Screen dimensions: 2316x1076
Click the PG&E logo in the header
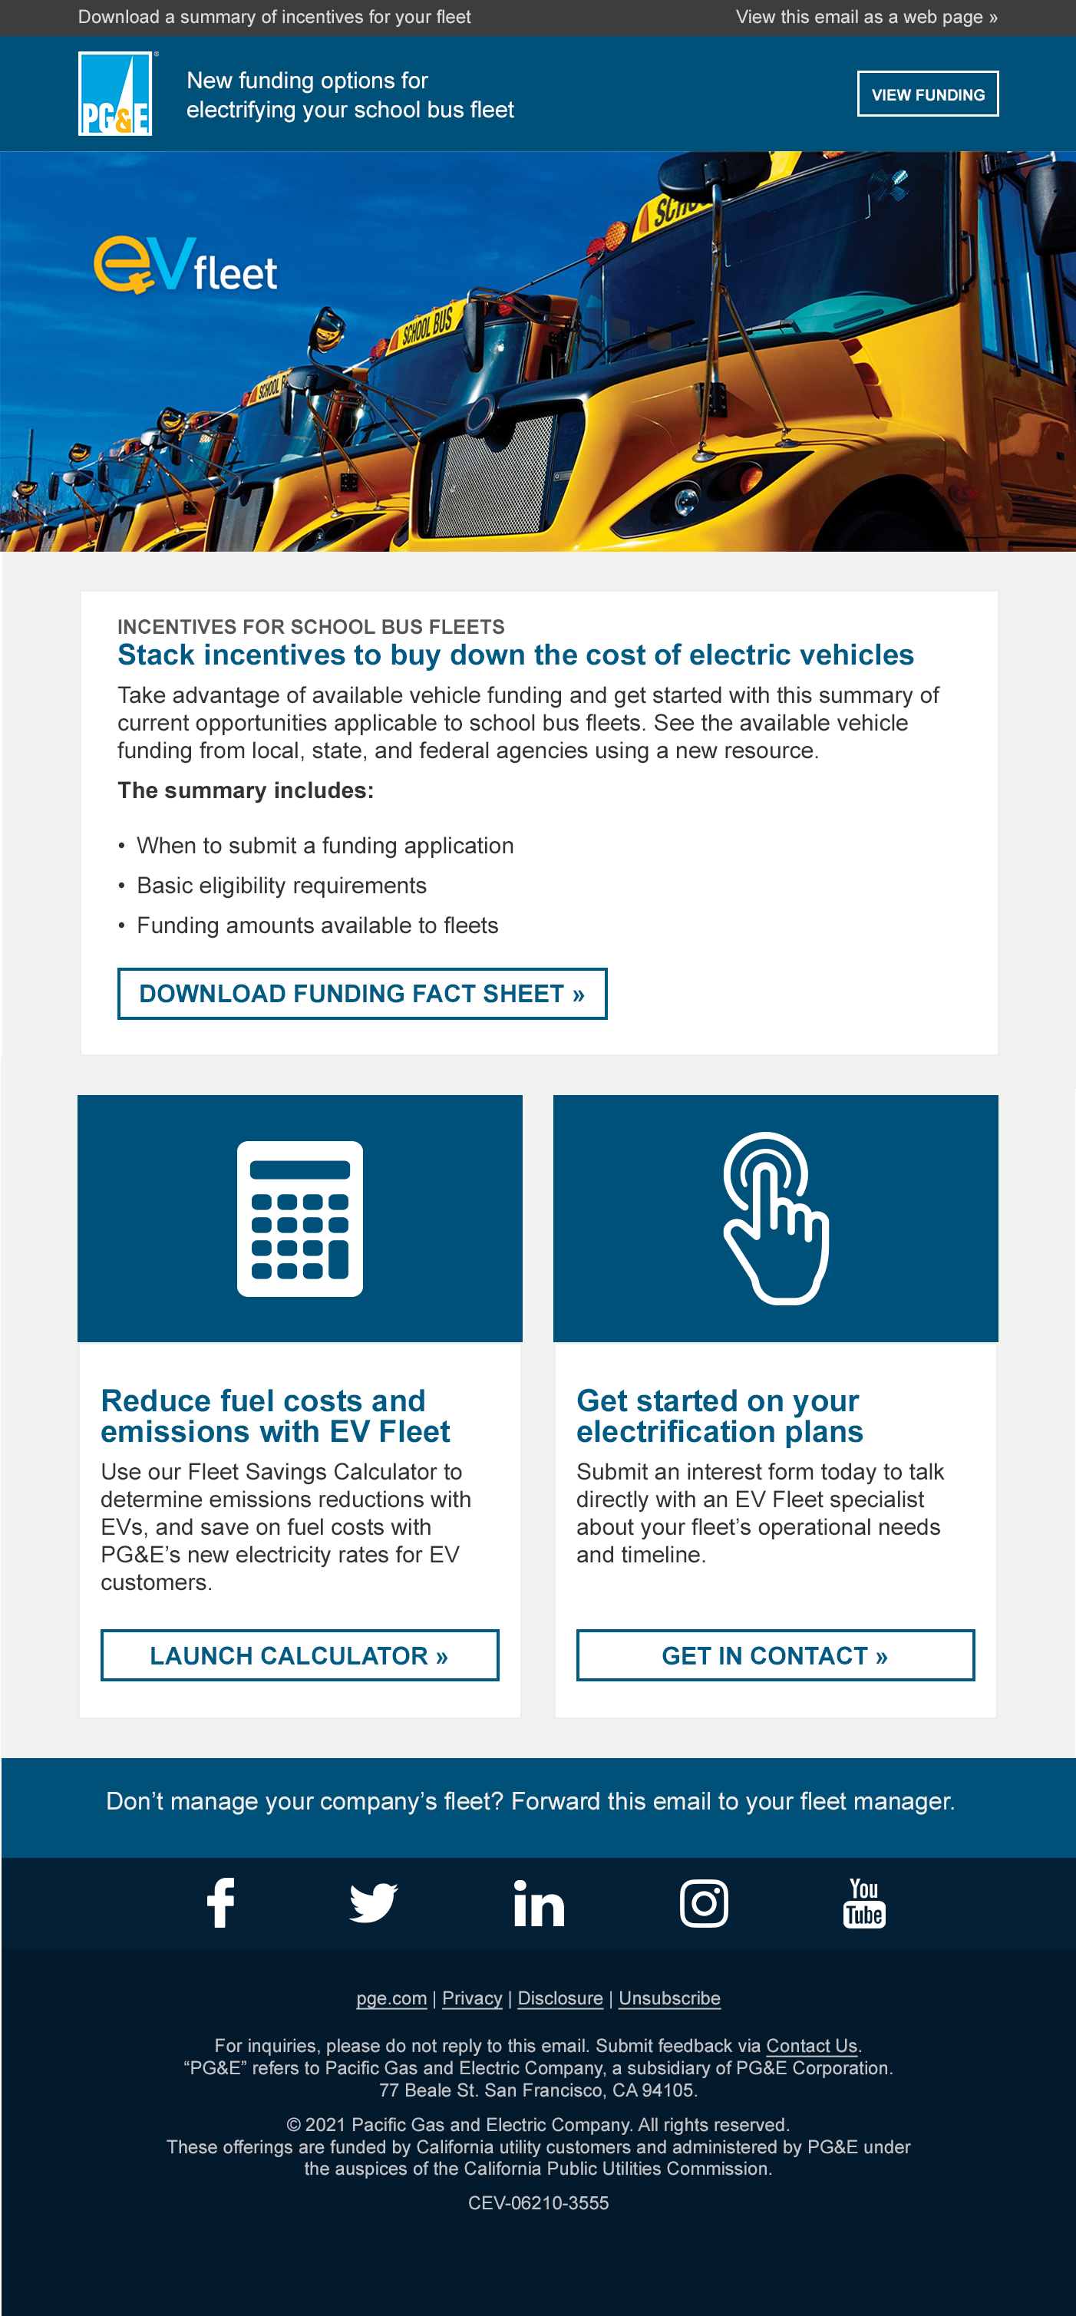115,94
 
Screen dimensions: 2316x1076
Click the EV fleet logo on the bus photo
186,266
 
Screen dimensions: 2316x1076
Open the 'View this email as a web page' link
866,17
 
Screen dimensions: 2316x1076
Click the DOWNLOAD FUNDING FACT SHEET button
362,994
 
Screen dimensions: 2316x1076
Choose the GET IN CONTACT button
775,1655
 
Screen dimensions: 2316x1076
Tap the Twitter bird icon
373,1902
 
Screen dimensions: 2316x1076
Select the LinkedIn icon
539,1902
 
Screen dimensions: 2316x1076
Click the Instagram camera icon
704,1902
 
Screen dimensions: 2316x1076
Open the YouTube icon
864,1902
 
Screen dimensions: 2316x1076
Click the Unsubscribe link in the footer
668,1998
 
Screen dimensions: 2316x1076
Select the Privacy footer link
472,1998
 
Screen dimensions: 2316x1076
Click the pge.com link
391,1998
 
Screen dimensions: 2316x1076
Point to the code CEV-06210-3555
537,2202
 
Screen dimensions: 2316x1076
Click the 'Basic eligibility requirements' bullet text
282,886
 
